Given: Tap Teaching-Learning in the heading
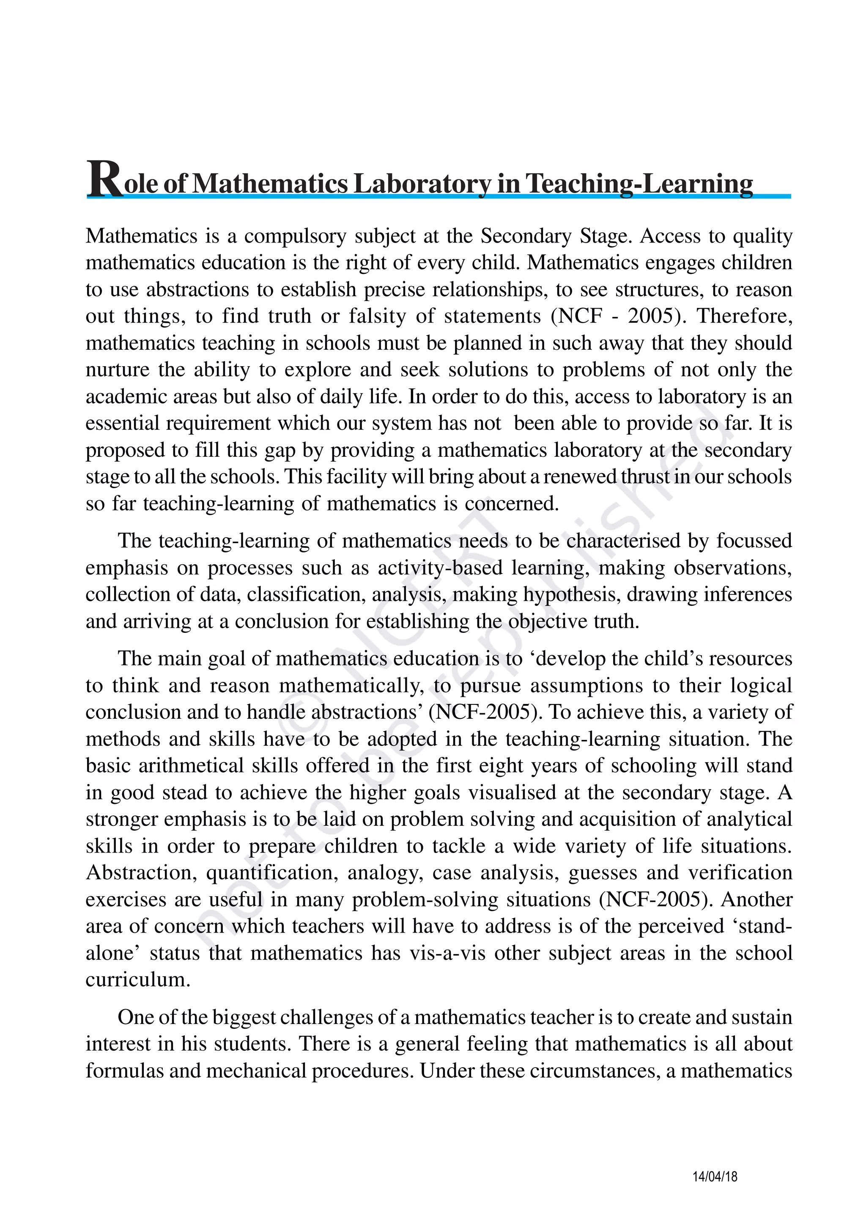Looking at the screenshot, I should (639, 184).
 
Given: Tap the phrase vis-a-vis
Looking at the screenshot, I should (447, 952).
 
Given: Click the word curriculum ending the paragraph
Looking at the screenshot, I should (137, 979).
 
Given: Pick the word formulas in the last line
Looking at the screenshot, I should (124, 1071).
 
